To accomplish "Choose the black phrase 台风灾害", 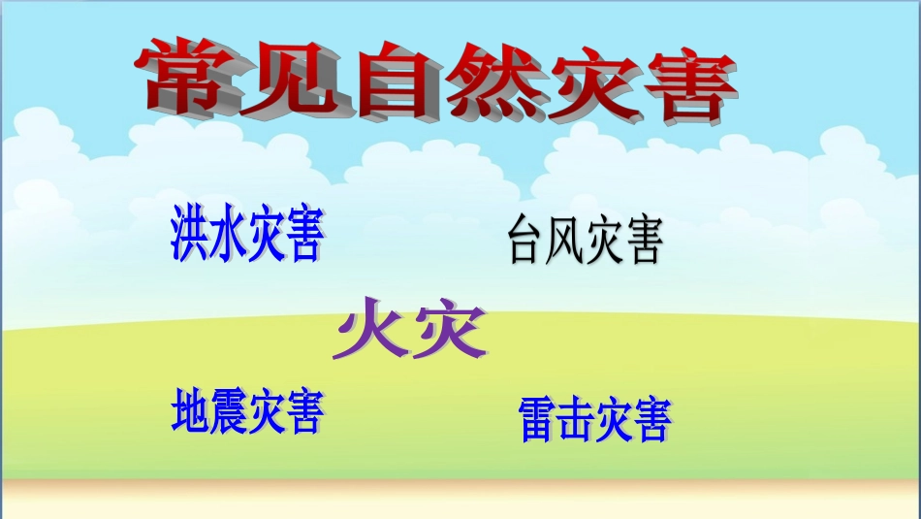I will [x=585, y=243].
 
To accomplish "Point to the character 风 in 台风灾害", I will [x=565, y=243].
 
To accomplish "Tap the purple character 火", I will [x=369, y=328].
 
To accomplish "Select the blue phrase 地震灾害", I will [x=246, y=410].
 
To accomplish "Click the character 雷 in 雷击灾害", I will [x=538, y=418].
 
